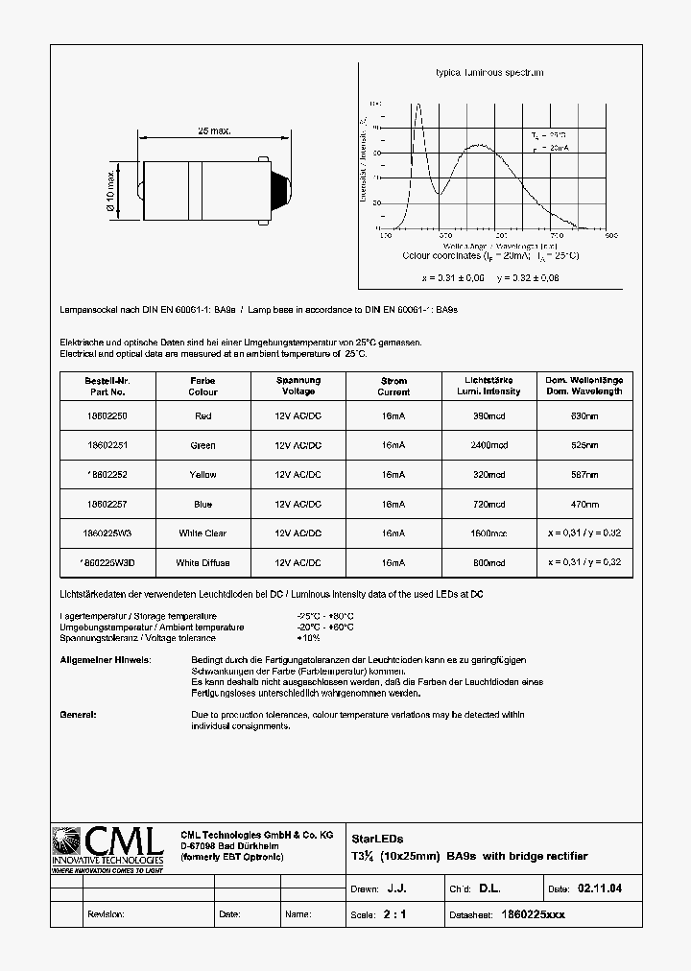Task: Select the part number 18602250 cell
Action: click(106, 416)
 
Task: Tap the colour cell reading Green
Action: click(203, 445)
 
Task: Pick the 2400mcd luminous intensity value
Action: click(490, 445)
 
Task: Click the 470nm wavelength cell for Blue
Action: click(584, 504)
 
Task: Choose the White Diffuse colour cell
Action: click(203, 562)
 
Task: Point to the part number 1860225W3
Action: click(107, 533)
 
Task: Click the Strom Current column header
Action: click(393, 386)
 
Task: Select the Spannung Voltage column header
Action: click(298, 386)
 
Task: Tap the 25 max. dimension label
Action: click(215, 130)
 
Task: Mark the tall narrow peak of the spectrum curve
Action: click(417, 106)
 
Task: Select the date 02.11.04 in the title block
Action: click(600, 889)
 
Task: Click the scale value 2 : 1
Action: click(394, 914)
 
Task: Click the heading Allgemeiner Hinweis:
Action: click(106, 661)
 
